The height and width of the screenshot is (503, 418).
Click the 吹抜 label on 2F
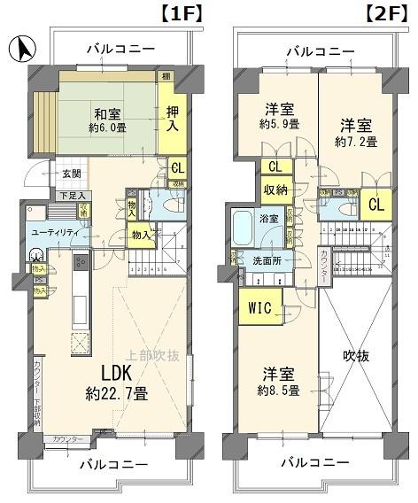tap(357, 356)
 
